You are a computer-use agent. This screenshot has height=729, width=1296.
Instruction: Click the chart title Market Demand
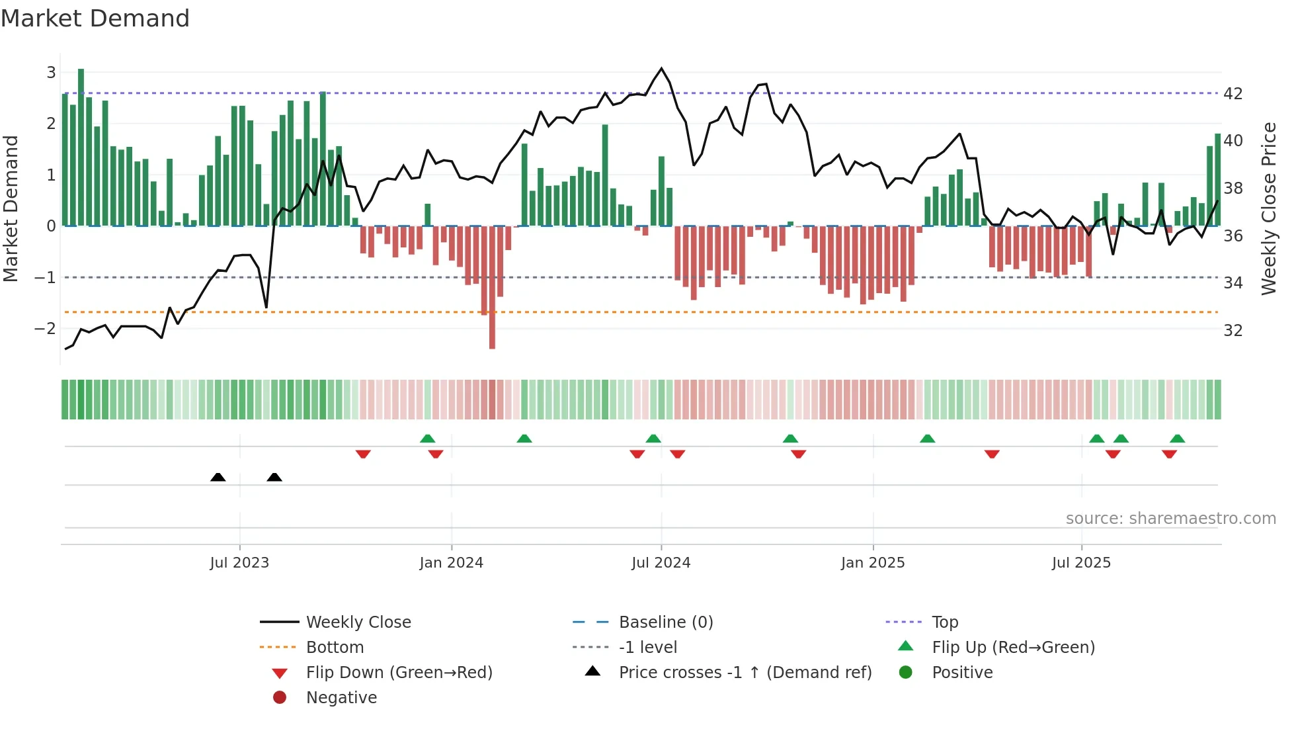click(95, 19)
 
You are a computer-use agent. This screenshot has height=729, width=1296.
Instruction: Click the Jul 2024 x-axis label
click(661, 563)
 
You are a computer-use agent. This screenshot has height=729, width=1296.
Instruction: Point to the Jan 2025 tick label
click(872, 563)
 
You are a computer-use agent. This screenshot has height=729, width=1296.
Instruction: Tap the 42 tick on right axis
click(1233, 94)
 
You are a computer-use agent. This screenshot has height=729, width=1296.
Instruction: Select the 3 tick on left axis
click(51, 72)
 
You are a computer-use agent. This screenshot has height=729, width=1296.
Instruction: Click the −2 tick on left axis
click(45, 328)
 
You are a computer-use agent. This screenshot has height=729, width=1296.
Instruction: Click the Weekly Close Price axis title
click(1268, 208)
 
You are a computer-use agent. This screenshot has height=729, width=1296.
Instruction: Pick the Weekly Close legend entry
click(358, 622)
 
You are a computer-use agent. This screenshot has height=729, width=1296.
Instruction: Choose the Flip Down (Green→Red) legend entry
click(399, 673)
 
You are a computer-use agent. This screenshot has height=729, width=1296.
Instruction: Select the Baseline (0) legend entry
click(665, 622)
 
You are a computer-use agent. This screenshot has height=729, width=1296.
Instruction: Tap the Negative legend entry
click(341, 698)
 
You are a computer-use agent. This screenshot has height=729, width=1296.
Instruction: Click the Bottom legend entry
click(335, 648)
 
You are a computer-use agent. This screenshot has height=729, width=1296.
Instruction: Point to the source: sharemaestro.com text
click(1170, 519)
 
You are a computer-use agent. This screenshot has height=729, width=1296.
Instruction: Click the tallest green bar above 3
click(81, 146)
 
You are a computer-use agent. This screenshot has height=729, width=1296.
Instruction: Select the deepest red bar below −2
click(492, 288)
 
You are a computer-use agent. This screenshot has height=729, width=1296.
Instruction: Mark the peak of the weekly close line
click(661, 68)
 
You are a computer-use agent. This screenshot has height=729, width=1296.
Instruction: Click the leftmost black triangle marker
click(218, 477)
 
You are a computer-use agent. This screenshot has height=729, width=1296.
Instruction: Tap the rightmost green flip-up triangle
click(1177, 439)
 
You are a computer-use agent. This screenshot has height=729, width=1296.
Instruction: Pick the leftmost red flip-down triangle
click(362, 454)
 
